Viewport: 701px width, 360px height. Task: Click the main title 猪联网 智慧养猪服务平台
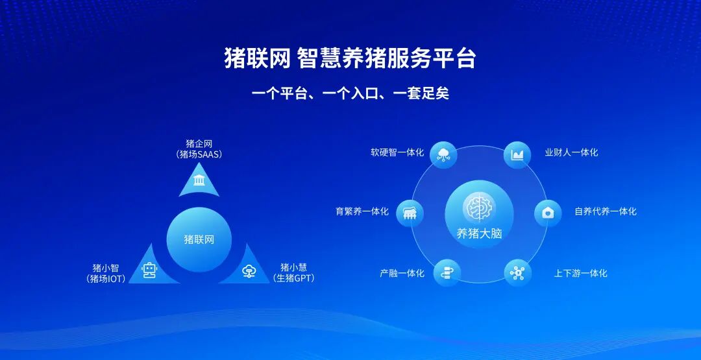[x=350, y=58]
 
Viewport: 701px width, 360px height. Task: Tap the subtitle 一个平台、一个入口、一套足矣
[x=350, y=93]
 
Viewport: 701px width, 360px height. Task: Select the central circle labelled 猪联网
[x=199, y=239]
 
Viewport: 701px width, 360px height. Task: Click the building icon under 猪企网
[x=199, y=179]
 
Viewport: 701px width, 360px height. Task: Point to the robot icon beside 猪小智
[x=150, y=270]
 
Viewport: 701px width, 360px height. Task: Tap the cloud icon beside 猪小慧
[x=249, y=271]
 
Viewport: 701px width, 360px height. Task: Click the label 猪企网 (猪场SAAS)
[x=199, y=149]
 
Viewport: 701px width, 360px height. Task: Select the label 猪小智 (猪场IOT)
[x=105, y=272]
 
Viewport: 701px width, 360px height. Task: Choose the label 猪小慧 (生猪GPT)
[x=293, y=272]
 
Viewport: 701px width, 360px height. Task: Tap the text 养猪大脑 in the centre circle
[x=479, y=234]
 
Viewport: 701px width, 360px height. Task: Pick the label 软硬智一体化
[x=397, y=152]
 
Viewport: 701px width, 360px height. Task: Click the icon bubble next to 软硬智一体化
[x=444, y=154]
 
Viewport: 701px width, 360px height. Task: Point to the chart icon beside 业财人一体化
[x=517, y=155]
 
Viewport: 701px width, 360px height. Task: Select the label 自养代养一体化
[x=605, y=211]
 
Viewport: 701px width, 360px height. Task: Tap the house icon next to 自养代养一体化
[x=548, y=213]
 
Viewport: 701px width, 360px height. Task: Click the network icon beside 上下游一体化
[x=517, y=272]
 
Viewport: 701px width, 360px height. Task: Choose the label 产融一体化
[x=402, y=273]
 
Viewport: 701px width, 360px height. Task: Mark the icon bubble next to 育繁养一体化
[x=410, y=213]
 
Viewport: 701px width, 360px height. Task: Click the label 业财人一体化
[x=571, y=152]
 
